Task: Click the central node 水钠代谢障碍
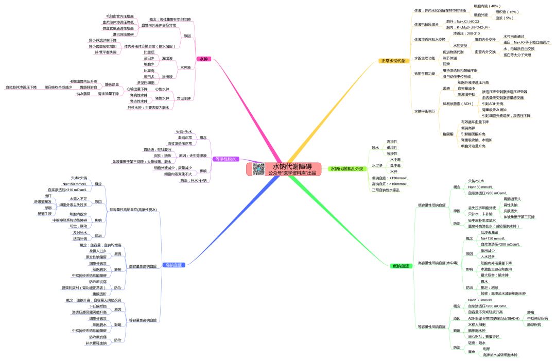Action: pyautogui.click(x=292, y=166)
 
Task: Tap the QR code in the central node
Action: pyautogui.click(x=258, y=169)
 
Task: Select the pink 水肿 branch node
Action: pyautogui.click(x=204, y=60)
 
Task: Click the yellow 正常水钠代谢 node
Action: pyautogui.click(x=393, y=61)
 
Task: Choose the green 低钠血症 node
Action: pyautogui.click(x=401, y=266)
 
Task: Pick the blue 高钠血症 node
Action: pyautogui.click(x=175, y=265)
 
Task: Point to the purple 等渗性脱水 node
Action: pyautogui.click(x=225, y=159)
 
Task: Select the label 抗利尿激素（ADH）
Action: pyautogui.click(x=458, y=104)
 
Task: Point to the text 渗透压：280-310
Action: pyautogui.click(x=466, y=33)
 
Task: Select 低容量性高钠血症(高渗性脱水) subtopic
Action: pyautogui.click(x=133, y=210)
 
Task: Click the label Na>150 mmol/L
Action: pyautogui.click(x=75, y=184)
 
